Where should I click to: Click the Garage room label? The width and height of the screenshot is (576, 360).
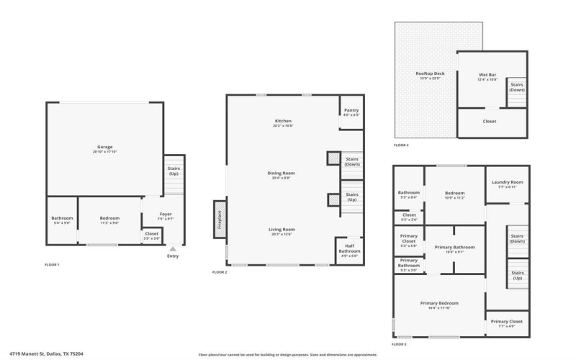[x=105, y=147]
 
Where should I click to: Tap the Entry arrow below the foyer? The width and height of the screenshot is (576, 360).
[x=172, y=249]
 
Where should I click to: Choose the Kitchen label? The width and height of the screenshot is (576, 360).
[x=283, y=121]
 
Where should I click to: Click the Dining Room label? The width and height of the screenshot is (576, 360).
[x=283, y=174]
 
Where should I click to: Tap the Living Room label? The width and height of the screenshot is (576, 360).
[x=283, y=230]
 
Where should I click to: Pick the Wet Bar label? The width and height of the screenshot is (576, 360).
[x=488, y=75]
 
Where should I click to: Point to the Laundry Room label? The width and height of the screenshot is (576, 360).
[x=507, y=183]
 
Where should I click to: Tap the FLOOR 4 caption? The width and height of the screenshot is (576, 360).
[x=401, y=145]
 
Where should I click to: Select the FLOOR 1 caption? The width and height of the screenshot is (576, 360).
[x=52, y=265]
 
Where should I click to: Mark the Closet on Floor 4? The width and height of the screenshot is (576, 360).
[x=489, y=121]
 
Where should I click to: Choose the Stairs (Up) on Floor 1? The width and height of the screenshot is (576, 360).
[x=174, y=171]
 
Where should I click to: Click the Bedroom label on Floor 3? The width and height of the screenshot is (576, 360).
[x=454, y=193]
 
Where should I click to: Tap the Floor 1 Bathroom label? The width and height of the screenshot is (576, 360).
[x=62, y=218]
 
